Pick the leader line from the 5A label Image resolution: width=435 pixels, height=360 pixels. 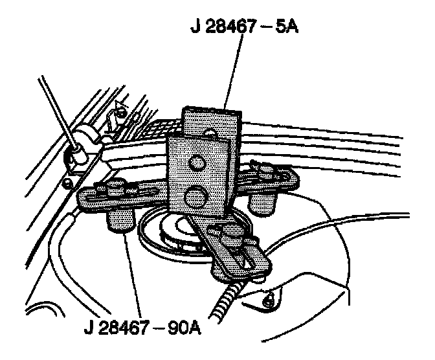232,71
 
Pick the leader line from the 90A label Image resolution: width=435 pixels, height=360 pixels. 133,272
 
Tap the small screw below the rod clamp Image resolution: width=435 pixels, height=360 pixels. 67,183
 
